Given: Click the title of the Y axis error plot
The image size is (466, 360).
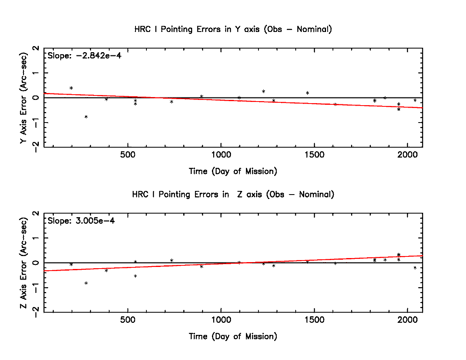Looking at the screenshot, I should coord(233,29).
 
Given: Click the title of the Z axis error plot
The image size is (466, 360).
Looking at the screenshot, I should coord(233,195).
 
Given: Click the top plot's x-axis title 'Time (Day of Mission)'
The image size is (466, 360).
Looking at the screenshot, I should coord(233,171).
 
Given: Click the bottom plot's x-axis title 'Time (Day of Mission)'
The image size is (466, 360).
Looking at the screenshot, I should coord(233,336).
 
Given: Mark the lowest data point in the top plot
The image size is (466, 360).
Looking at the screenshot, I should coord(86,117).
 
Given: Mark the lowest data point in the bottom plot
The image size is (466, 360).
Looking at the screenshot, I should coord(86,283).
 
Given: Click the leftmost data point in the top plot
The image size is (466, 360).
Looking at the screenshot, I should coord(71,88).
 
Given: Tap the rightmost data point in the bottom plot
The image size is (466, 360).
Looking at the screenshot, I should coord(415,268).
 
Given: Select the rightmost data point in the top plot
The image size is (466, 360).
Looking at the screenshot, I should coord(415,100).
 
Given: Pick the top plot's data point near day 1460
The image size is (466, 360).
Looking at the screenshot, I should coord(307,93).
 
